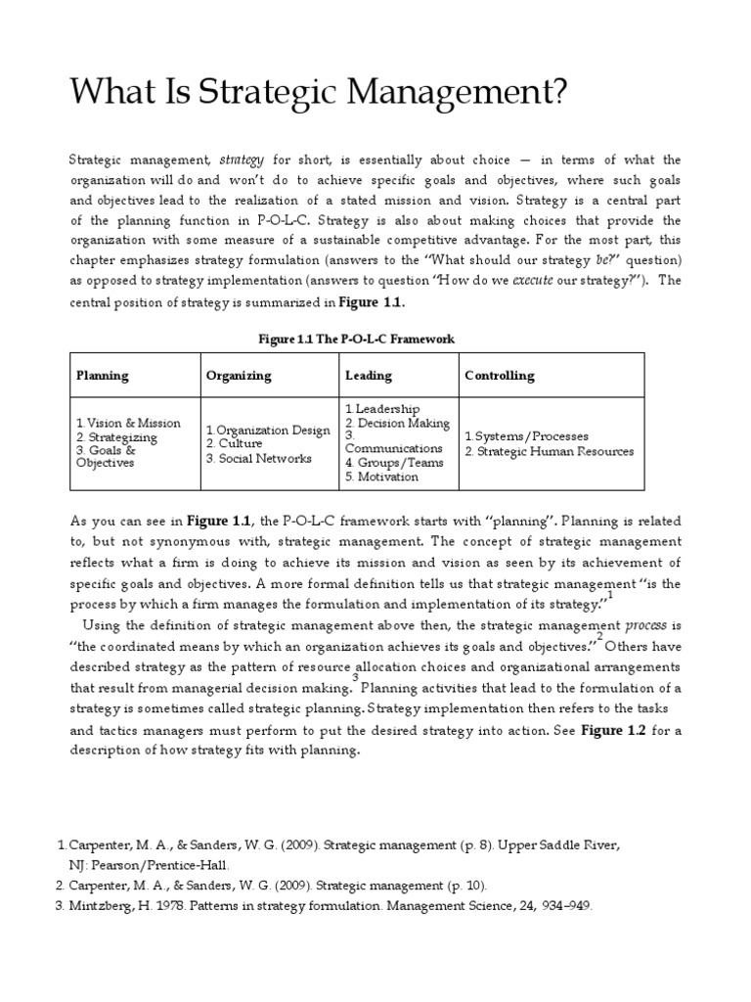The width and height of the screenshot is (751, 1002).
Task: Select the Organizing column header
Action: click(238, 375)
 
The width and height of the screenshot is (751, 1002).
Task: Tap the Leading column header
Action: click(368, 375)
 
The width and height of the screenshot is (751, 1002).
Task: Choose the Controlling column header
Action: click(499, 375)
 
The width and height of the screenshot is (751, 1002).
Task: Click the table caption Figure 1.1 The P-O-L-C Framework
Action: click(356, 339)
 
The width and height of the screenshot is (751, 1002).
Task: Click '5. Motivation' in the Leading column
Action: click(381, 478)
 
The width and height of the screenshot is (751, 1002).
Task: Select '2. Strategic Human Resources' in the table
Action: click(549, 451)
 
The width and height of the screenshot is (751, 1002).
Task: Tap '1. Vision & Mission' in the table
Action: click(128, 423)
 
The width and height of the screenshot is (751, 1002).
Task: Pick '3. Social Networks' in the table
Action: click(258, 458)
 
